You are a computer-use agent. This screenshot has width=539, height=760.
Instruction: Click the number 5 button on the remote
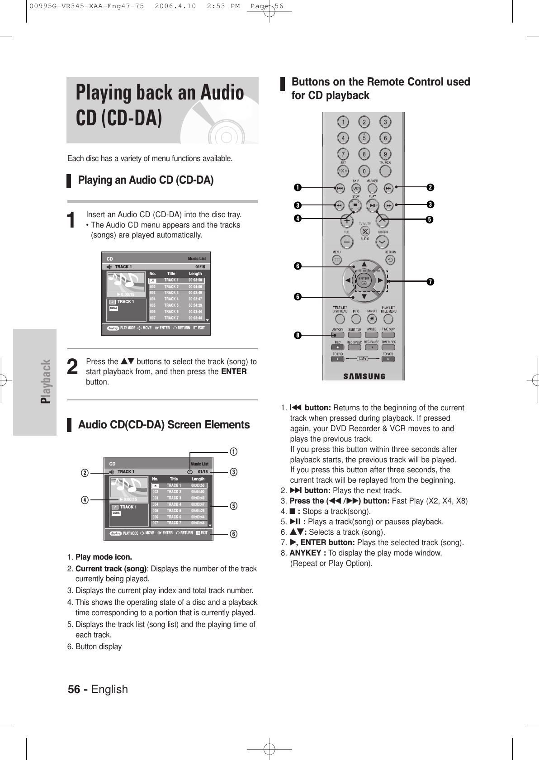tap(364, 138)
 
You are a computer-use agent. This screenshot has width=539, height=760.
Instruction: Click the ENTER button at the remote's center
tap(364, 281)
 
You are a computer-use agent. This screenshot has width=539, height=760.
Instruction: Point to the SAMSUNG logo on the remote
tap(364, 375)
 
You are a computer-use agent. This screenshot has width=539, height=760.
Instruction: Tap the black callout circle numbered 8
tap(297, 335)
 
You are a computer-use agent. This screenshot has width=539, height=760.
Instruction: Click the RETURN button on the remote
tap(390, 260)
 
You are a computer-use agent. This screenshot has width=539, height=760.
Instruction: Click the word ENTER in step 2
tap(235, 371)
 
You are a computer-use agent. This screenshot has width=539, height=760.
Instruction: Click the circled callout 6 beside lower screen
tap(234, 534)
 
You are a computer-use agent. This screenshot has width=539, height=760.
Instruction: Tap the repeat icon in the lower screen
tap(190, 471)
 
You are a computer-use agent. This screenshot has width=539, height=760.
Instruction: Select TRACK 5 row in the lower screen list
tap(179, 510)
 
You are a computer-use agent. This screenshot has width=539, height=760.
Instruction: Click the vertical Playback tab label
tap(45, 382)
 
